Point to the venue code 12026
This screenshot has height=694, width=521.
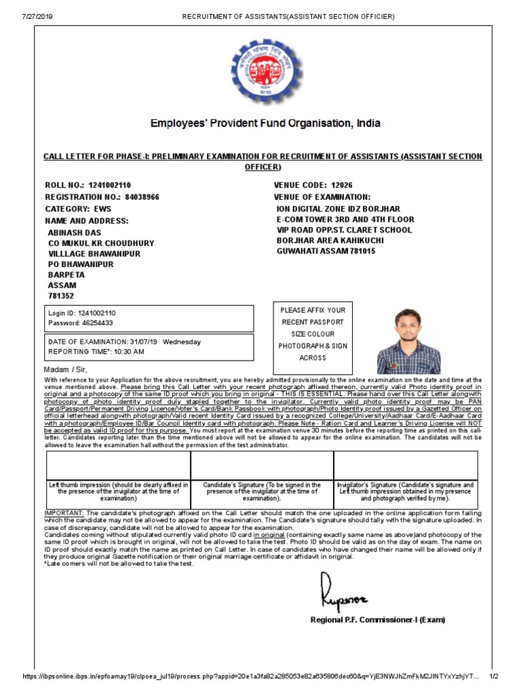[342, 185]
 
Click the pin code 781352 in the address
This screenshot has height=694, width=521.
[61, 296]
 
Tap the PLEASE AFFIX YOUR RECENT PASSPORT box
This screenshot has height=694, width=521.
[313, 334]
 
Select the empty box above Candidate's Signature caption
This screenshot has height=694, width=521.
[262, 465]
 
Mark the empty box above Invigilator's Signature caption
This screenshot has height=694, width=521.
[405, 465]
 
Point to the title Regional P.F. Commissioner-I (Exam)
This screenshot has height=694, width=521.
[378, 619]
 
